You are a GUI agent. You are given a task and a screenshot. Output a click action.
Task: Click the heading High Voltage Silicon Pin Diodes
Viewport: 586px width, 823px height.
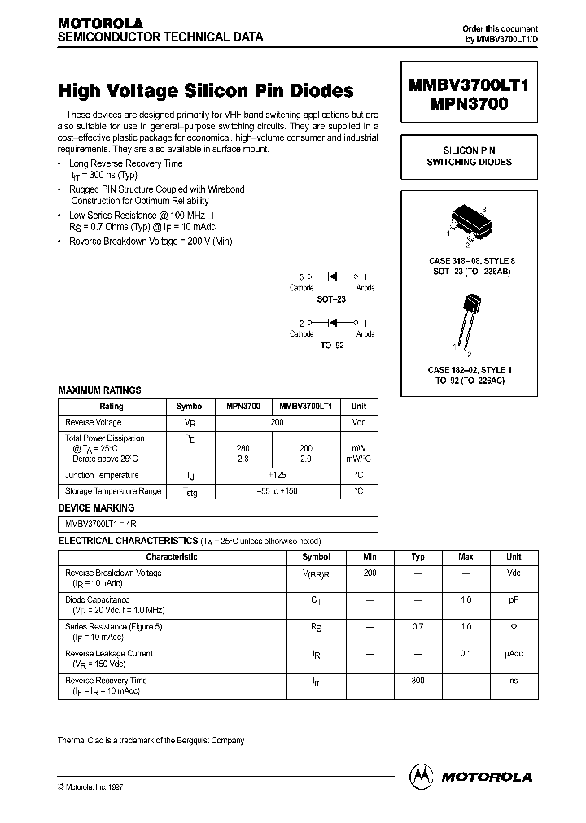[206, 90]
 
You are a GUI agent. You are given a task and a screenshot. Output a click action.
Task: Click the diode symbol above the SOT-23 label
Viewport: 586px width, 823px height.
[332, 277]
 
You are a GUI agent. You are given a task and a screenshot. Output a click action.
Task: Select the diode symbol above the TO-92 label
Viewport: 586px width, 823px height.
[332, 323]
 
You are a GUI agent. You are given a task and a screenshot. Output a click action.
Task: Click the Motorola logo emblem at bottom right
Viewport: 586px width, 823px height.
[422, 776]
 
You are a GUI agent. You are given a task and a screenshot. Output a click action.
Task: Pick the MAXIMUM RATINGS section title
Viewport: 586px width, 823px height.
[99, 390]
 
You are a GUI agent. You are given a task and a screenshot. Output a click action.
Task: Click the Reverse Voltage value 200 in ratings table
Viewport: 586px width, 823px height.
[277, 423]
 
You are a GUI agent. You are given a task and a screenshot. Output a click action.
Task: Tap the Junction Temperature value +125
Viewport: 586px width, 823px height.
[277, 475]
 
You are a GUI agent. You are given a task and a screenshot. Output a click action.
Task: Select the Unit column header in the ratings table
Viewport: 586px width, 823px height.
[359, 406]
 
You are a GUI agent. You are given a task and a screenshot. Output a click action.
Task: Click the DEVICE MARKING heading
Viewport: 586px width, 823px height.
[96, 508]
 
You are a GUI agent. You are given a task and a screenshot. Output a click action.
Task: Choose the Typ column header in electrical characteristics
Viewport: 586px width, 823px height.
[418, 557]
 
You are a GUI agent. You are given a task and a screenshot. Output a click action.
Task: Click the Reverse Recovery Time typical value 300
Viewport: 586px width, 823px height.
[418, 680]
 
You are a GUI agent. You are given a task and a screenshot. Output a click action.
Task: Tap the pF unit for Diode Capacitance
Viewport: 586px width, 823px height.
[514, 599]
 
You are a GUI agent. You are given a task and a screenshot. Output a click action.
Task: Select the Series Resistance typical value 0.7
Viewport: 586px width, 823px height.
[418, 627]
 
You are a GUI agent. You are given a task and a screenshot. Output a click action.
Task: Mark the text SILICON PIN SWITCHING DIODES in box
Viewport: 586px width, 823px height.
[469, 156]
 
